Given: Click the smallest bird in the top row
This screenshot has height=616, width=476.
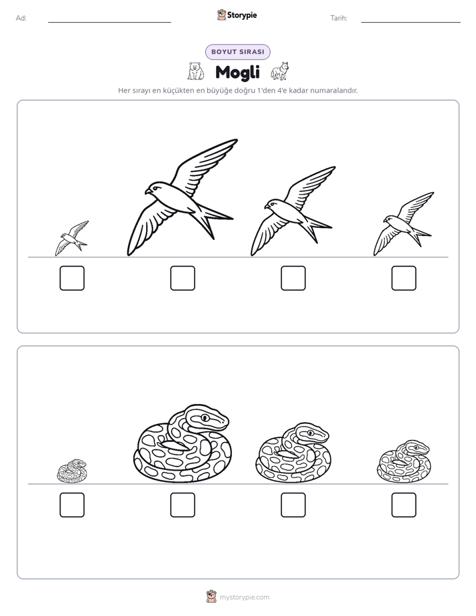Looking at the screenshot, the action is pyautogui.click(x=72, y=239).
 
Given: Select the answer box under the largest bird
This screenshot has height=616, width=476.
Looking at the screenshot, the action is pyautogui.click(x=183, y=278).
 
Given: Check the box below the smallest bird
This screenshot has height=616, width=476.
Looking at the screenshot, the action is pyautogui.click(x=72, y=278).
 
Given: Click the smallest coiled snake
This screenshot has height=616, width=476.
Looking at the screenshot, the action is pyautogui.click(x=72, y=471).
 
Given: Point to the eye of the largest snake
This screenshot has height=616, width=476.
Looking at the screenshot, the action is pyautogui.click(x=205, y=417).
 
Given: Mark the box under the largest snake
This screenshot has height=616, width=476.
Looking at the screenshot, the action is pyautogui.click(x=183, y=505).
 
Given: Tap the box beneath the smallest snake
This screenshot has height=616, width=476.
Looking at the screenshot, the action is pyautogui.click(x=72, y=505).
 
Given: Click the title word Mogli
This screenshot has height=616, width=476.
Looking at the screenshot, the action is pyautogui.click(x=237, y=72).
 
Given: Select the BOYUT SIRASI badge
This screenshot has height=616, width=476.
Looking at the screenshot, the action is pyautogui.click(x=237, y=52).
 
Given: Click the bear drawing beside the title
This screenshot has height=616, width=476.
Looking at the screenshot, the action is pyautogui.click(x=195, y=71).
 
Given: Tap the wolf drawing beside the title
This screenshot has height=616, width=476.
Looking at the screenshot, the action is pyautogui.click(x=280, y=71).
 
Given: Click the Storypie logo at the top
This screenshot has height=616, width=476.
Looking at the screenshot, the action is pyautogui.click(x=237, y=15).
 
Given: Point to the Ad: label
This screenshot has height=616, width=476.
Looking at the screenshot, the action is pyautogui.click(x=21, y=18).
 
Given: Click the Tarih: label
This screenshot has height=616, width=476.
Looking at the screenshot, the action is pyautogui.click(x=339, y=18).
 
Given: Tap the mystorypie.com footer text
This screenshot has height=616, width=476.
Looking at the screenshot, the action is pyautogui.click(x=244, y=597).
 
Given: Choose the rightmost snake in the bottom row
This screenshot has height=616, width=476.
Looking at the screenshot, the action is pyautogui.click(x=404, y=461).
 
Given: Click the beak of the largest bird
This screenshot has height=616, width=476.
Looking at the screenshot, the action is pyautogui.click(x=147, y=192).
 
